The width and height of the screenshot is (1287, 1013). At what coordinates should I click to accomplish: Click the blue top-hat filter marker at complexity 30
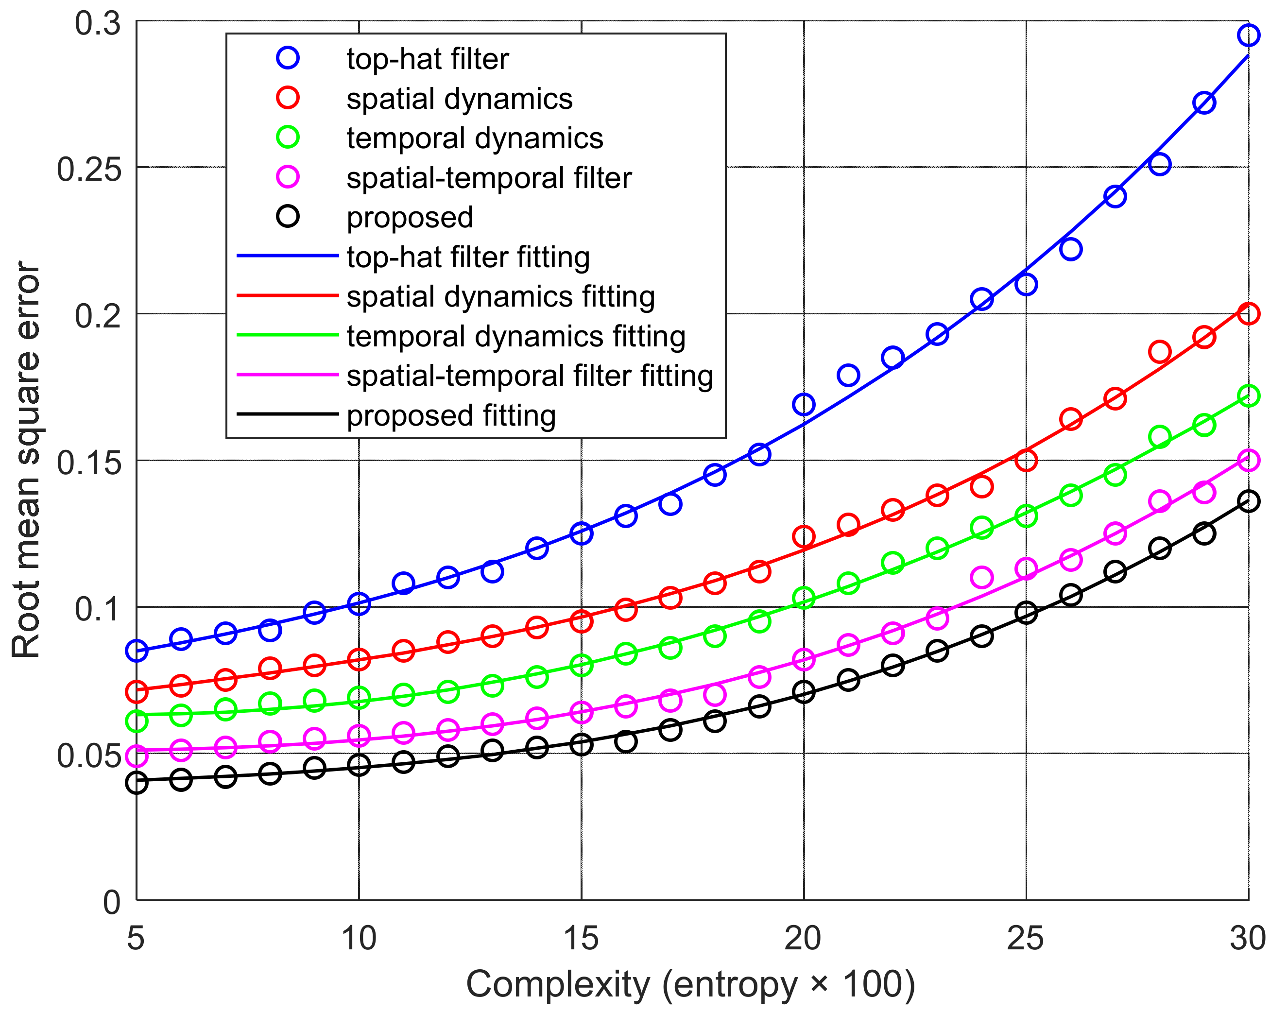1249,35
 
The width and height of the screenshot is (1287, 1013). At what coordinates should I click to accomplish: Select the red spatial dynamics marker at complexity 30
1249,313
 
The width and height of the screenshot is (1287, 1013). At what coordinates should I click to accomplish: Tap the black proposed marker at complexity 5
137,783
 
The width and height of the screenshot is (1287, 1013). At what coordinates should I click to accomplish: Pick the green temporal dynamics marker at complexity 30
1249,395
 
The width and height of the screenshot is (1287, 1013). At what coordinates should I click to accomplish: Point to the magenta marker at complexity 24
981,577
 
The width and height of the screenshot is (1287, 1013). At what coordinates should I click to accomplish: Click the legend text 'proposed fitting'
451,415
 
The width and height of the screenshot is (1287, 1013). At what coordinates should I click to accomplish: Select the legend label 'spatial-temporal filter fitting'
529,376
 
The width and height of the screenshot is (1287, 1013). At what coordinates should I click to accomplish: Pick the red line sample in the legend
288,295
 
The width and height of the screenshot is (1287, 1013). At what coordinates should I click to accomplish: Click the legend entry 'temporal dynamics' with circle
475,137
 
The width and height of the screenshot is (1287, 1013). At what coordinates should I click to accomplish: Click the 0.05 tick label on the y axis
89,755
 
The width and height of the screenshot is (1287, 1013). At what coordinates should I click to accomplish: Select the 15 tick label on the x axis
581,938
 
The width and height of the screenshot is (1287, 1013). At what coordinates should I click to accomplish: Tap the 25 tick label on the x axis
1026,938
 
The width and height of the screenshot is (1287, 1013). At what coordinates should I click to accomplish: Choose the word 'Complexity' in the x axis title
557,984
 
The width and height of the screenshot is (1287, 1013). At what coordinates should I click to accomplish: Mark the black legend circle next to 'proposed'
288,217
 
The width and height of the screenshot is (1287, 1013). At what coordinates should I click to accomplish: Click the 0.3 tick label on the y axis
98,24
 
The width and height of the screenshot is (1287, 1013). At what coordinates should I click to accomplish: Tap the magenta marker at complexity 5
137,755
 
